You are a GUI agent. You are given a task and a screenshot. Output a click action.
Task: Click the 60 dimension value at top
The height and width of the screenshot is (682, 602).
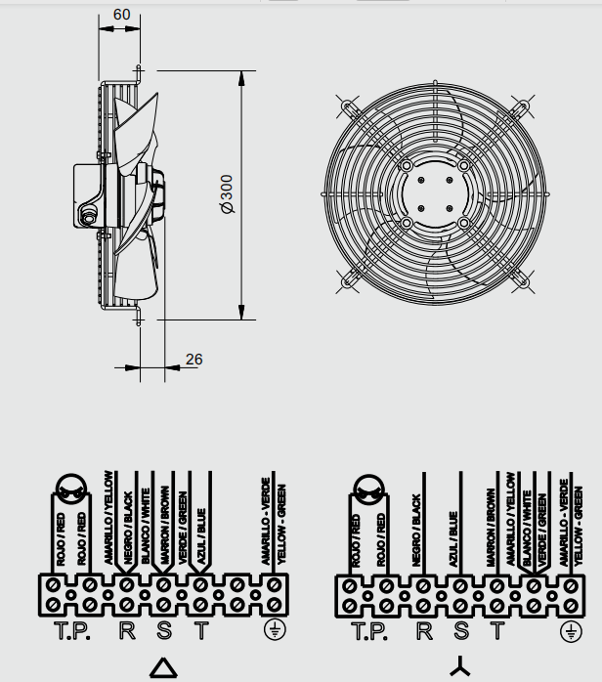(x=121, y=15)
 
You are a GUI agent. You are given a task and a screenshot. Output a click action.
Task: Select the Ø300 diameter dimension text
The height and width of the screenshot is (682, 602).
(x=227, y=194)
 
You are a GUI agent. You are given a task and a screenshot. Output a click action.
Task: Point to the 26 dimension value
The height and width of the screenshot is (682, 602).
(x=194, y=360)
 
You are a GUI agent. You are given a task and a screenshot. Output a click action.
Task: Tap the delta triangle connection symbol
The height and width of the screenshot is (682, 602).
(x=163, y=667)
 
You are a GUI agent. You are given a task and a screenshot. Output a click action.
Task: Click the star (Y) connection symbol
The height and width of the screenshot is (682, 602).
(x=460, y=666)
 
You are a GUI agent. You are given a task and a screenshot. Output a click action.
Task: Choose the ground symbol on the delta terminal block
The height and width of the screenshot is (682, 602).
(x=275, y=630)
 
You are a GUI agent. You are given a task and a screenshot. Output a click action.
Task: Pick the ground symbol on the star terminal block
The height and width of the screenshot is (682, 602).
(x=571, y=631)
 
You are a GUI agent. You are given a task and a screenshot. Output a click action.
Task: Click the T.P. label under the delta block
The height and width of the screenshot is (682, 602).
(x=72, y=631)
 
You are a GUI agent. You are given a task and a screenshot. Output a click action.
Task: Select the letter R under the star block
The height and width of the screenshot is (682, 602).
(x=424, y=631)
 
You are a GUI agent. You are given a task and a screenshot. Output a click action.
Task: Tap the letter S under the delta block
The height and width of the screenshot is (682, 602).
(x=164, y=630)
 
